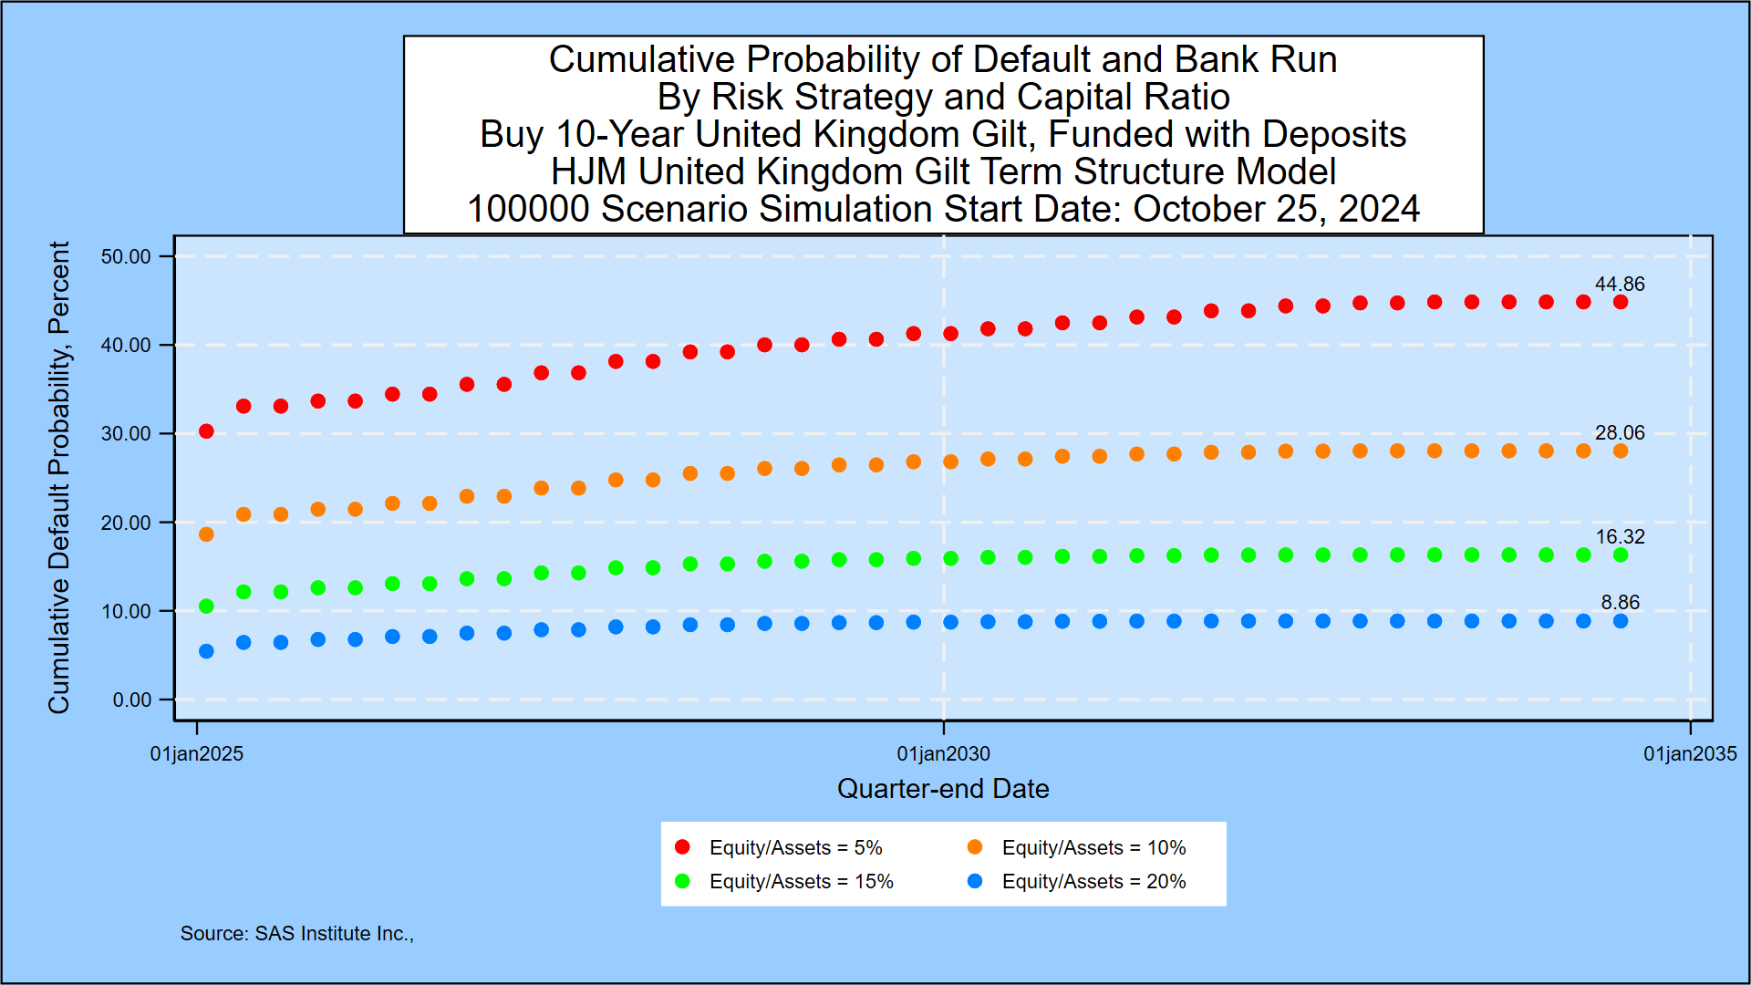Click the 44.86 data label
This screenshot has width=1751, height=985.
1619,285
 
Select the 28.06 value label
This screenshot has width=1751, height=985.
1619,433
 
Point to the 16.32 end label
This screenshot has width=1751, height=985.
1619,537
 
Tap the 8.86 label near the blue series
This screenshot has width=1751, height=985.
1620,603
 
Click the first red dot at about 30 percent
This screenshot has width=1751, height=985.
206,431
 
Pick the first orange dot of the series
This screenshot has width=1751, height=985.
206,534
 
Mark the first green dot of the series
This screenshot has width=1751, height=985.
206,607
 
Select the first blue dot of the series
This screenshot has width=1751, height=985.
206,651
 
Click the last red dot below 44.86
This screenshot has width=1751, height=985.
1620,303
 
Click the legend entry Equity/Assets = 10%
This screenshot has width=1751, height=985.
1093,848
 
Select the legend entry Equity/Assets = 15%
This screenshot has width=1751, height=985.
801,882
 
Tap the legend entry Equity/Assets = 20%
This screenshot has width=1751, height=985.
1093,882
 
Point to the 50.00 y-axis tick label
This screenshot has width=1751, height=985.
126,257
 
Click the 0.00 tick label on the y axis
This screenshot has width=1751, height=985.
131,700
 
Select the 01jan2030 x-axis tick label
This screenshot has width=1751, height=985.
943,754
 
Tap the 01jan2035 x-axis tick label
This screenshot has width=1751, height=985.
1689,754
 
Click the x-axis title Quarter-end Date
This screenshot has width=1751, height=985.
943,789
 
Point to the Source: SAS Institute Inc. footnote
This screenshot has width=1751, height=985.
296,934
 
